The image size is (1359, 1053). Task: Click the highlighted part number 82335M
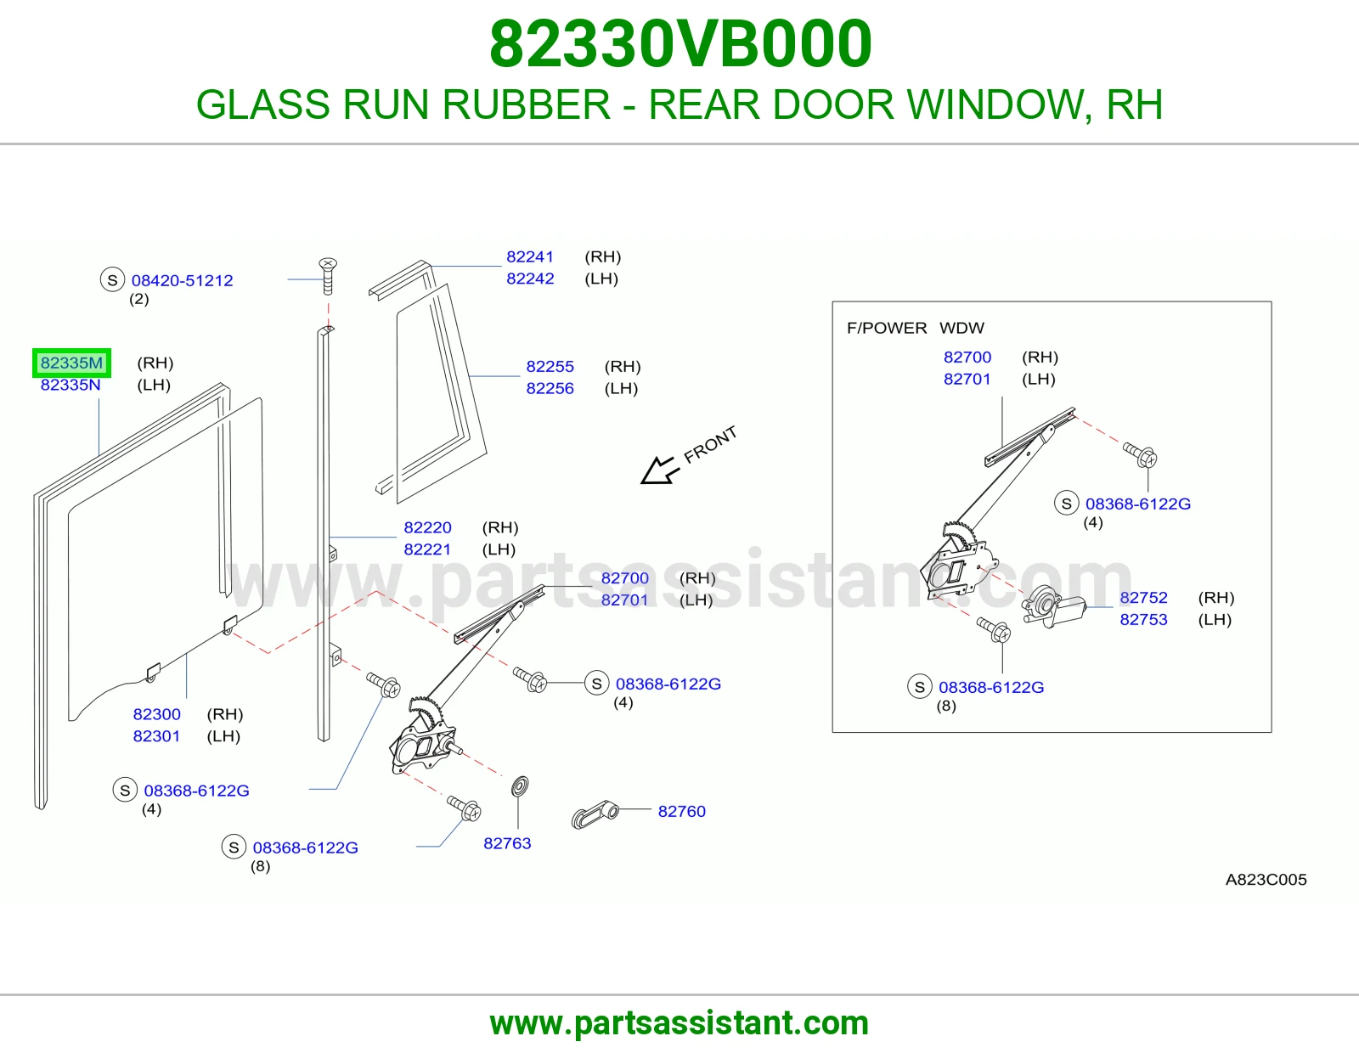[x=71, y=363]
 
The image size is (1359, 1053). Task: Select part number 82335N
[x=70, y=385]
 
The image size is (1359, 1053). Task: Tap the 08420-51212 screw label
[x=182, y=280]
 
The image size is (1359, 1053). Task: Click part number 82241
[x=530, y=256]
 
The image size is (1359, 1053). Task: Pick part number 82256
[x=550, y=388]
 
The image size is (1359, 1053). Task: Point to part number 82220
[x=427, y=527]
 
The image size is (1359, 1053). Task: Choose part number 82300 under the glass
[x=156, y=714]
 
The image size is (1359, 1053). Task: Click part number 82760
[x=682, y=811]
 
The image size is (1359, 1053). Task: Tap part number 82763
[x=507, y=843]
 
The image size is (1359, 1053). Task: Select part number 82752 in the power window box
[x=1143, y=597]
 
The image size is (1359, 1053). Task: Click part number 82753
[x=1143, y=619]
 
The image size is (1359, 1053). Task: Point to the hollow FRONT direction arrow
[x=658, y=470]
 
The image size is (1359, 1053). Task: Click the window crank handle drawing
[x=595, y=814]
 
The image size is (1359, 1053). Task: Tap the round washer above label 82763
[x=520, y=786]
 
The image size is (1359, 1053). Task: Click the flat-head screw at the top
[x=328, y=276]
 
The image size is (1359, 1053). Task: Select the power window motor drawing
[x=1054, y=605]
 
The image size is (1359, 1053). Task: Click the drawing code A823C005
[x=1266, y=879]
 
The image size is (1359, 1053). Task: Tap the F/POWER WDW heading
[x=915, y=328]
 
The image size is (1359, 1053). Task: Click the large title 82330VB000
[x=680, y=43]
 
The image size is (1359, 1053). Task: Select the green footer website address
[x=679, y=1023]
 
